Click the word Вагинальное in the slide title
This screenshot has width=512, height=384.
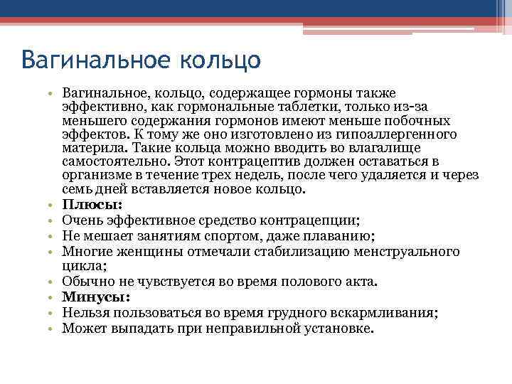coord(89,59)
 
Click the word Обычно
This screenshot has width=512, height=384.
coord(84,282)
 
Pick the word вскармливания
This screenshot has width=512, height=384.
coord(388,312)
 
